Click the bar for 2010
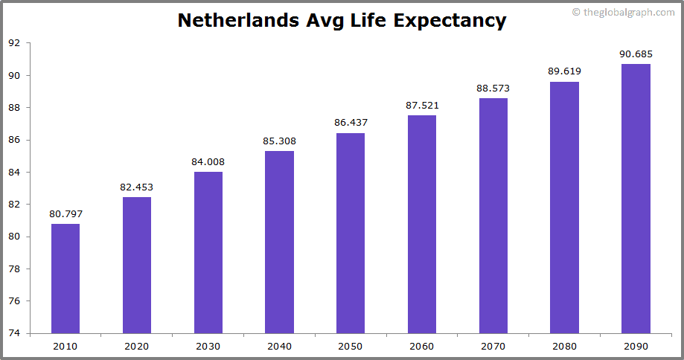click(65, 278)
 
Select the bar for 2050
click(351, 233)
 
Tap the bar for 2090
click(636, 199)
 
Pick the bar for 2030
click(208, 252)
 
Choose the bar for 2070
click(493, 216)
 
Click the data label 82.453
click(137, 187)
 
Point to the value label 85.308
click(279, 141)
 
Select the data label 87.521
click(422, 106)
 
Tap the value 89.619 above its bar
click(564, 71)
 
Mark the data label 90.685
click(636, 54)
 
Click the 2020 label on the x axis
click(137, 346)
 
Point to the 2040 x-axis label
click(279, 346)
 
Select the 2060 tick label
click(422, 346)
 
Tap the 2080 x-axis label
click(564, 346)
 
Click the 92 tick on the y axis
click(14, 43)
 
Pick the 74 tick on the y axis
click(14, 333)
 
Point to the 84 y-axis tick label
click(14, 172)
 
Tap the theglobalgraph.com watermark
click(624, 12)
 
